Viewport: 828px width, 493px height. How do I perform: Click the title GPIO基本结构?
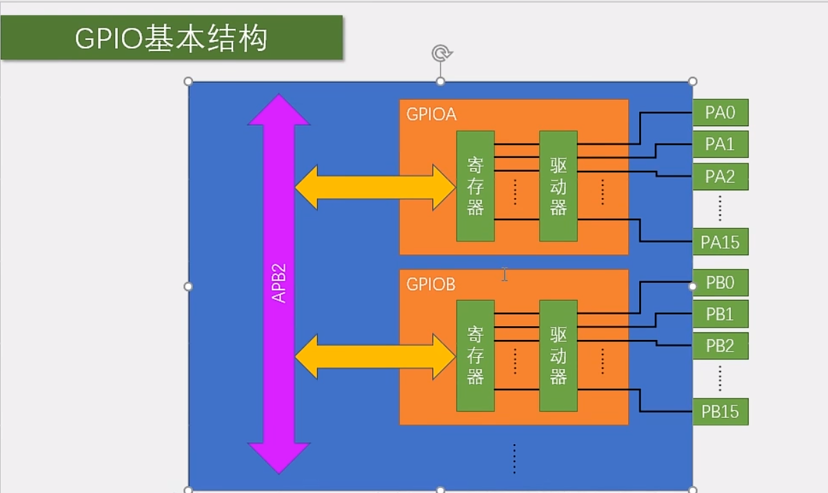coord(171,39)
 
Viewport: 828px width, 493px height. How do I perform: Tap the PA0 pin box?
coord(720,112)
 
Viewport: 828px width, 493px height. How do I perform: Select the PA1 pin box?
coord(720,144)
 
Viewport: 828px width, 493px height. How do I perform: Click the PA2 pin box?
coord(720,177)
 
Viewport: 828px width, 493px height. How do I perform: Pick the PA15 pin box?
coord(720,242)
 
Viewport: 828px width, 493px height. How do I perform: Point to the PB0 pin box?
coord(721,283)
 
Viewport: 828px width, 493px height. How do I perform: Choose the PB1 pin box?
coord(720,314)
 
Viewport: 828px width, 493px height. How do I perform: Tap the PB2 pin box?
coord(720,346)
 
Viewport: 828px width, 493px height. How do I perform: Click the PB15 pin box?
coord(720,412)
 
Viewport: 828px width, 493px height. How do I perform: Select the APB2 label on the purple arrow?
coord(279,283)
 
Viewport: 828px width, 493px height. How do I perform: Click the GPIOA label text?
coord(432,114)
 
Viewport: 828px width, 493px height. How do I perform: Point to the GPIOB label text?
coord(431,284)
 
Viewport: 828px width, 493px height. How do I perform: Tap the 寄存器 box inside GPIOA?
coord(475,186)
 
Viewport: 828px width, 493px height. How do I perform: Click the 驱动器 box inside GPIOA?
coord(558,186)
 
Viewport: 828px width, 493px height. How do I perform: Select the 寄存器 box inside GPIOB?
coord(475,356)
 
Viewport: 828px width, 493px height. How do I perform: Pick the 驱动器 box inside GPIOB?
coord(558,356)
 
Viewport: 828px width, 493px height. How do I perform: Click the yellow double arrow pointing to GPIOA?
coord(375,187)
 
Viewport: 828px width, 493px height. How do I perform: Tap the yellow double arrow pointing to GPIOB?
coord(375,356)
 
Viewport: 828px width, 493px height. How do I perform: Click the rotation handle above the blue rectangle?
coord(441,53)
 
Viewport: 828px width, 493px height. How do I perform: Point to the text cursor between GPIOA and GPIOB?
coord(505,274)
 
